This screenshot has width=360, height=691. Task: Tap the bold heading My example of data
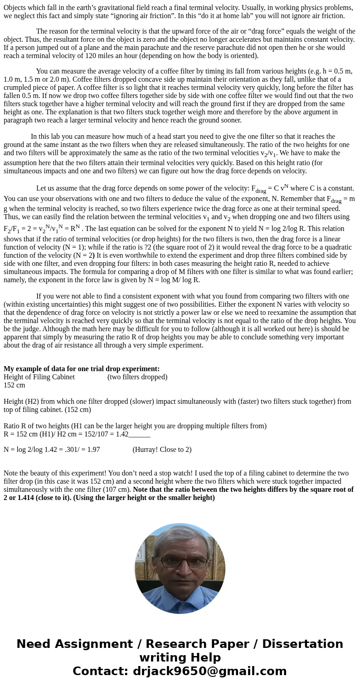pyautogui.click(x=82, y=369)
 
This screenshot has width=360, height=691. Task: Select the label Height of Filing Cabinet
pyautogui.click(x=39, y=377)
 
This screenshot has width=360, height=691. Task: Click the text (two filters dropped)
pyautogui.click(x=137, y=377)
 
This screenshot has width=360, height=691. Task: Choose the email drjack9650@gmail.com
pyautogui.click(x=209, y=671)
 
